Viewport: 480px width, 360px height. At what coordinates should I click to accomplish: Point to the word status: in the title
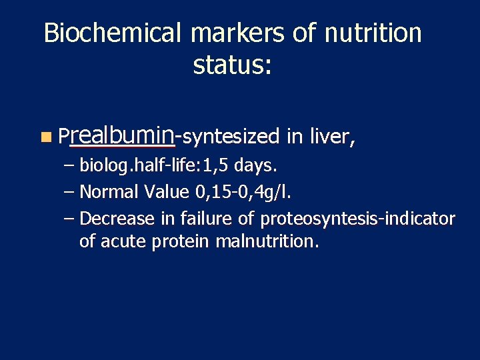pyautogui.click(x=232, y=65)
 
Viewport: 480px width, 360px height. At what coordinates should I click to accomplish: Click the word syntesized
pyautogui.click(x=230, y=137)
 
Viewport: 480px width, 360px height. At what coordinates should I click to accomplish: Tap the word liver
pyautogui.click(x=332, y=137)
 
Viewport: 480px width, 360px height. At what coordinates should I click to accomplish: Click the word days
pyautogui.click(x=253, y=165)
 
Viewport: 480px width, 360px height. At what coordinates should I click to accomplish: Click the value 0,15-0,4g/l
pyautogui.click(x=245, y=193)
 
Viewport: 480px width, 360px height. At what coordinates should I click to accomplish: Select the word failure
pyautogui.click(x=193, y=219)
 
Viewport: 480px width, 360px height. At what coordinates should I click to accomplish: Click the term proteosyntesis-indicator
pyautogui.click(x=357, y=219)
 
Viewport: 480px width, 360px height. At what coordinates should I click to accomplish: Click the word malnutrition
pyautogui.click(x=267, y=241)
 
